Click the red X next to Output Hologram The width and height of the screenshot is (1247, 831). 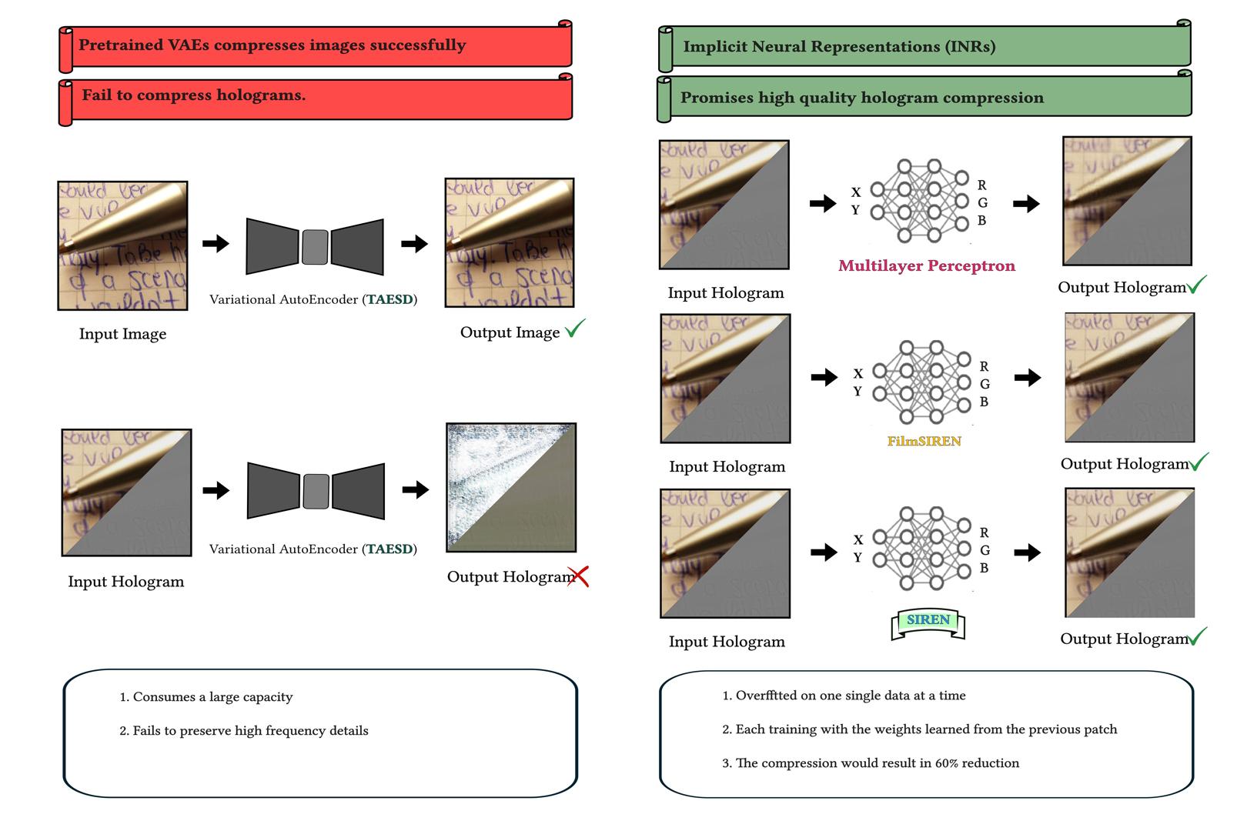(578, 576)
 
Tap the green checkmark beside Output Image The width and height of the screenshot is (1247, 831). (575, 329)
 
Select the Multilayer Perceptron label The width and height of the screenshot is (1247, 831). (926, 265)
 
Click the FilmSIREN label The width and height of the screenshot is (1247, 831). (924, 442)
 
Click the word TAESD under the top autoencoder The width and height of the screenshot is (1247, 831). (389, 299)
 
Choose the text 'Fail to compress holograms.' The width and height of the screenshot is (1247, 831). (193, 95)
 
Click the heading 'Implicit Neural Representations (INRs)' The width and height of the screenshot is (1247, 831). (839, 46)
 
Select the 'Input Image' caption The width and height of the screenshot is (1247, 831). (122, 334)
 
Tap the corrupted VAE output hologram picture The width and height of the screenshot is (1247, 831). (511, 487)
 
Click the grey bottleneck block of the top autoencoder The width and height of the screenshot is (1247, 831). (315, 247)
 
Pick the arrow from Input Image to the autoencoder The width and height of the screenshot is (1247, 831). (216, 244)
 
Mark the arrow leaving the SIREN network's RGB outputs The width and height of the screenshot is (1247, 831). (1027, 552)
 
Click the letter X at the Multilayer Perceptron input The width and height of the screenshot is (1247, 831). (856, 192)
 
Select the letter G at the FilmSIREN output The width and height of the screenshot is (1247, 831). (985, 384)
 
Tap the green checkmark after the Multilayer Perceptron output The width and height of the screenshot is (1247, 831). (1197, 285)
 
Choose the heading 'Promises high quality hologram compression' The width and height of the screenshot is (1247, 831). (861, 98)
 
